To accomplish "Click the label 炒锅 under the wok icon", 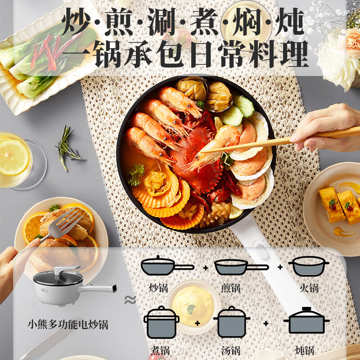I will click(x=158, y=287).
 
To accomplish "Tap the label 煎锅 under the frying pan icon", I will click(x=230, y=287).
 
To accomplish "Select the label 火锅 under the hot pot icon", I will click(x=309, y=287).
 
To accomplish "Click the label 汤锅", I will click(x=230, y=350).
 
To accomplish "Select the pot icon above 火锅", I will click(x=308, y=266).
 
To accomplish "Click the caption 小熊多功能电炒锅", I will click(x=68, y=324).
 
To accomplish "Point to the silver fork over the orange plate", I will click(x=63, y=223).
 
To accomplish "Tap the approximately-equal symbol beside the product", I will click(x=130, y=300).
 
